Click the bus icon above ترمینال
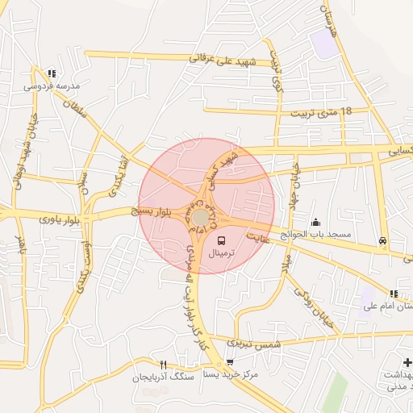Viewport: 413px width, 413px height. pyautogui.click(x=222, y=240)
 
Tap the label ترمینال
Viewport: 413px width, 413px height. pyautogui.click(x=223, y=253)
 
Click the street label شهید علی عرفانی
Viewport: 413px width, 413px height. pyautogui.click(x=222, y=60)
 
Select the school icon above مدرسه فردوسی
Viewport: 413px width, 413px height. pyautogui.click(x=52, y=73)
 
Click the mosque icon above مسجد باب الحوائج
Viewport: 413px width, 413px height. pyautogui.click(x=315, y=222)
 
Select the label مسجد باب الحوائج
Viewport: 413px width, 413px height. pyautogui.click(x=315, y=234)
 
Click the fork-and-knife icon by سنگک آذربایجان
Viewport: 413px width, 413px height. pyautogui.click(x=164, y=365)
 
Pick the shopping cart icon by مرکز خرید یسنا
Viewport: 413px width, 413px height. pyautogui.click(x=230, y=362)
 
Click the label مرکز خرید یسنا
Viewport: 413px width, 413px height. pyautogui.click(x=230, y=374)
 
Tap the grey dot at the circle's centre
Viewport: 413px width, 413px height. pyautogui.click(x=199, y=218)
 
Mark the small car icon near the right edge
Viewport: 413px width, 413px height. pyautogui.click(x=382, y=240)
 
